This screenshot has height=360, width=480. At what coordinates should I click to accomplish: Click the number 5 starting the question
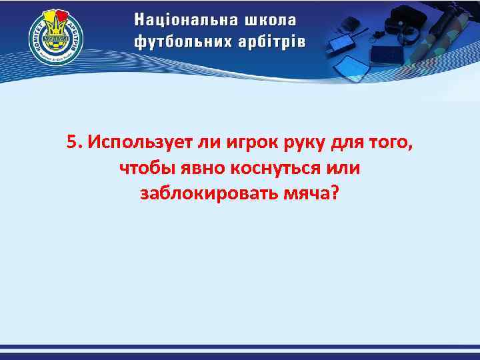tap(72, 143)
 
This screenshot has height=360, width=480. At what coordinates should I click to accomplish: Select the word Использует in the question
tap(135, 143)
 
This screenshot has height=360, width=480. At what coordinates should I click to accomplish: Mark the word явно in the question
tap(196, 167)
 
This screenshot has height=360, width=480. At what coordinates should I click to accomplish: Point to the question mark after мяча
tap(335, 192)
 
